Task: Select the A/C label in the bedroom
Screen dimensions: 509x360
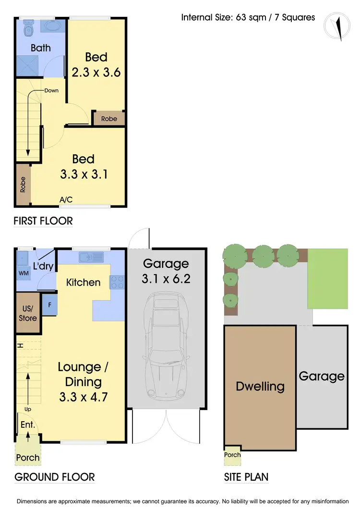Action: [x=66, y=200]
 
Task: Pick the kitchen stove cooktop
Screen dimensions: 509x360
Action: [x=118, y=281]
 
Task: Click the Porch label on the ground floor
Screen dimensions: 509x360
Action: [x=28, y=457]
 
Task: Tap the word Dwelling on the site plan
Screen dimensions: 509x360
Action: [x=260, y=386]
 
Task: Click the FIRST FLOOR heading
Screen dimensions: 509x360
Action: [x=43, y=221]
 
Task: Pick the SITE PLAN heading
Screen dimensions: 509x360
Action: [x=246, y=477]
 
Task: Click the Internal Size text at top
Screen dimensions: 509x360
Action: [x=248, y=17]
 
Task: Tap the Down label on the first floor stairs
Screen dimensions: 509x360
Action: [x=51, y=90]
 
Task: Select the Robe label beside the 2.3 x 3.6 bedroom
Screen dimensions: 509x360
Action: [x=109, y=119]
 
